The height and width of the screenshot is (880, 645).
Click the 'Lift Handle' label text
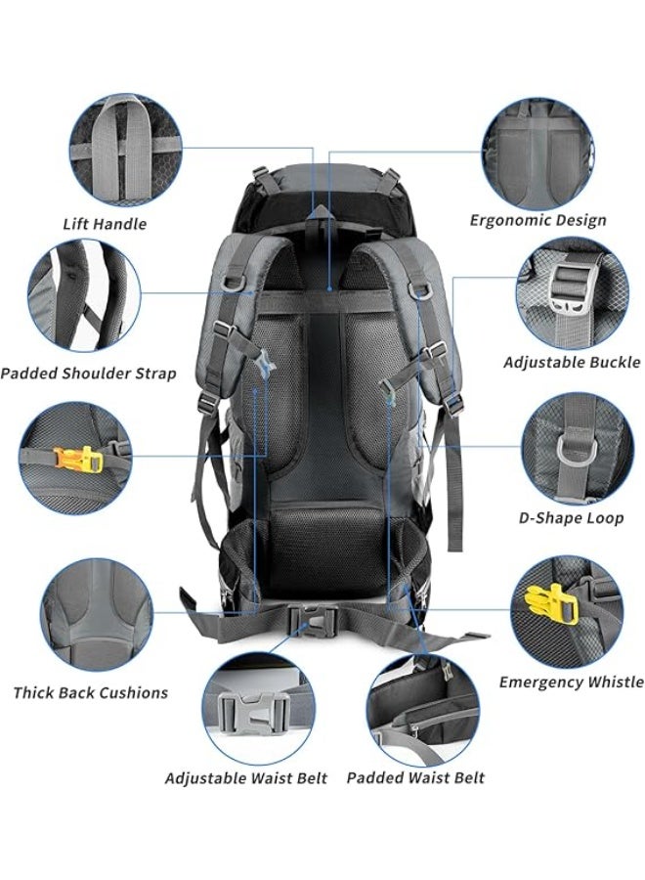(x=105, y=224)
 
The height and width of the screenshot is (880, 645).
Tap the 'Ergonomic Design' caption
(x=537, y=221)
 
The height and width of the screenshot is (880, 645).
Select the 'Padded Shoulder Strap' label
(x=89, y=374)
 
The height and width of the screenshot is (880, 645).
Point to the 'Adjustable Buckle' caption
(x=572, y=362)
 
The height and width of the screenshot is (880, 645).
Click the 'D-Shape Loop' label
(x=571, y=517)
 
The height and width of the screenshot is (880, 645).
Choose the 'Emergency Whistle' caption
(x=572, y=682)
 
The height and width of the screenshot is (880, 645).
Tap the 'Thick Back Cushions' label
(x=91, y=692)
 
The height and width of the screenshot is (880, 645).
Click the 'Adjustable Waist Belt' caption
(x=246, y=778)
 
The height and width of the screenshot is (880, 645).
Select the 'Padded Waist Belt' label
(x=415, y=778)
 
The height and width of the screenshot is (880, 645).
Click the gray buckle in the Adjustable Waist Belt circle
(x=254, y=713)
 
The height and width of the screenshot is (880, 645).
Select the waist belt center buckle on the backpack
(x=314, y=621)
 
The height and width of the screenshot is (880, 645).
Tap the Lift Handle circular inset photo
(x=126, y=151)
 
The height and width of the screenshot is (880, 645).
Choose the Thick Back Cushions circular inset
(x=97, y=615)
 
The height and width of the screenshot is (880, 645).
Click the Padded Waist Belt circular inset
(x=423, y=710)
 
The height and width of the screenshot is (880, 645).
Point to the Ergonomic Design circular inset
(x=538, y=154)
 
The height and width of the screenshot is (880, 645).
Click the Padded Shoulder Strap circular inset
(x=84, y=295)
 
